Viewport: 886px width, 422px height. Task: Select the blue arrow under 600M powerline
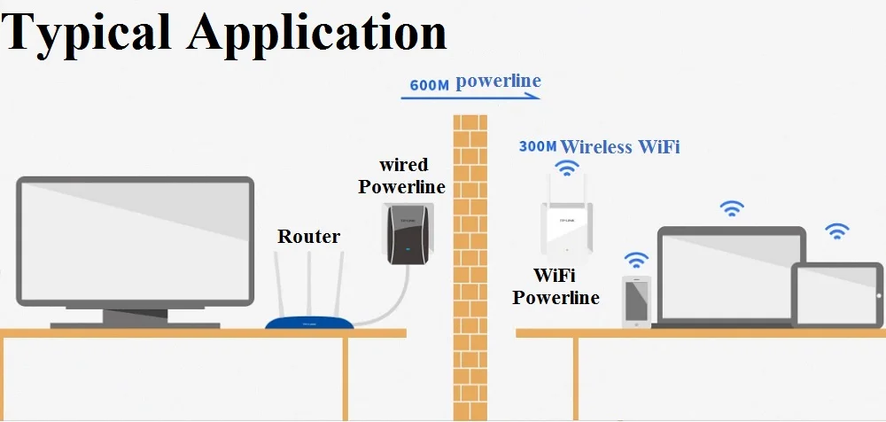coord(470,98)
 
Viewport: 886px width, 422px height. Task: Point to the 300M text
coord(537,146)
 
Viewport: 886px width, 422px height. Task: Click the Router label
coord(308,236)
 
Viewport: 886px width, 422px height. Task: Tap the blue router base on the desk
coord(309,324)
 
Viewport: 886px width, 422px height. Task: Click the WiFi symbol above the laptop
coord(731,208)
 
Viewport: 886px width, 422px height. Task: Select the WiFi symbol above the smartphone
coord(635,259)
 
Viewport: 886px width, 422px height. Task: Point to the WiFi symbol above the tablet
coord(836,231)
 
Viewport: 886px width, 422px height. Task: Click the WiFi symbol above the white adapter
coord(564,168)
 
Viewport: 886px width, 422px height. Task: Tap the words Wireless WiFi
coord(620,146)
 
